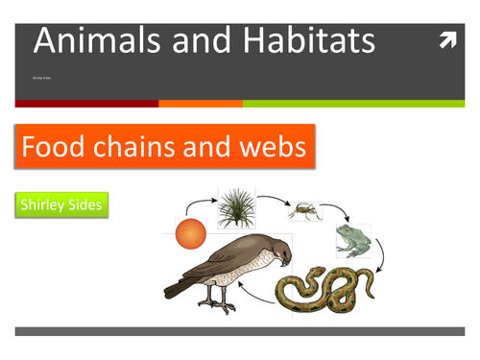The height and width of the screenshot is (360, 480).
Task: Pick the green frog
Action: [x=353, y=241]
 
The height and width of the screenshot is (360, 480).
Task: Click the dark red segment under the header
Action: [x=86, y=103]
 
